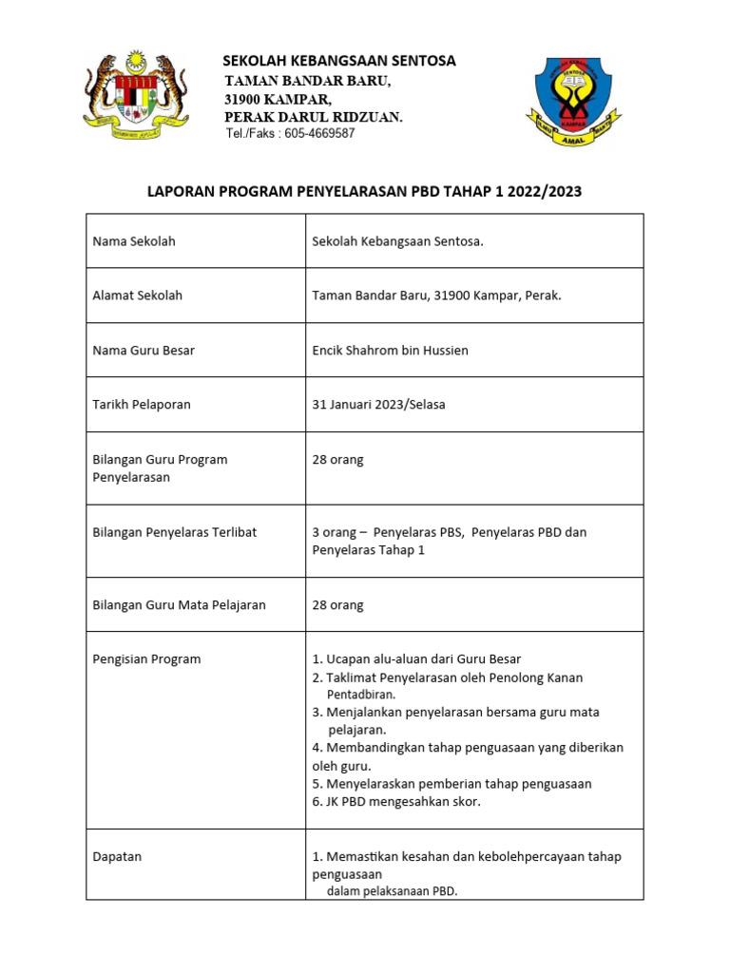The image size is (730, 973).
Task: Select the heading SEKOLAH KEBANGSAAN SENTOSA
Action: coord(338,61)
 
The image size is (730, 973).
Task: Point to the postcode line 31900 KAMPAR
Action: coord(278,99)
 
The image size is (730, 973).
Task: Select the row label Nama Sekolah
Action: coord(134,241)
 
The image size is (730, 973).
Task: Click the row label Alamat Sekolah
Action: coord(137,296)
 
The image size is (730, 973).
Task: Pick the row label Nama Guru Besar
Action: coord(144,351)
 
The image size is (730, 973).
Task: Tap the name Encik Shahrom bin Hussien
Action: coord(390,351)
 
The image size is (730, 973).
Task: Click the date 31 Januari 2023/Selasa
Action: coord(378,405)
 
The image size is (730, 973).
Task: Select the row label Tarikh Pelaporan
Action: coord(142,405)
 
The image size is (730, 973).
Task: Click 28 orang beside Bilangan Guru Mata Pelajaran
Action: coord(337,605)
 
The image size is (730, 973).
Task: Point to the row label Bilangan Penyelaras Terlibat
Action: coord(174,532)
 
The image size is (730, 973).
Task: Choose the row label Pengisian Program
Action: coord(146,659)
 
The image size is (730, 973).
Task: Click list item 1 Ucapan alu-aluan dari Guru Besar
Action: coord(416,659)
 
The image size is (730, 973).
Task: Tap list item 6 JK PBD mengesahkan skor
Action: coord(396,802)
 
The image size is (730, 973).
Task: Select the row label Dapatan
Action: coord(117,856)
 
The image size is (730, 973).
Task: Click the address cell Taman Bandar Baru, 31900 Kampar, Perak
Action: coord(436,296)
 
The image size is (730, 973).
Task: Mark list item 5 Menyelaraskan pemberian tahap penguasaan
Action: coord(451,784)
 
